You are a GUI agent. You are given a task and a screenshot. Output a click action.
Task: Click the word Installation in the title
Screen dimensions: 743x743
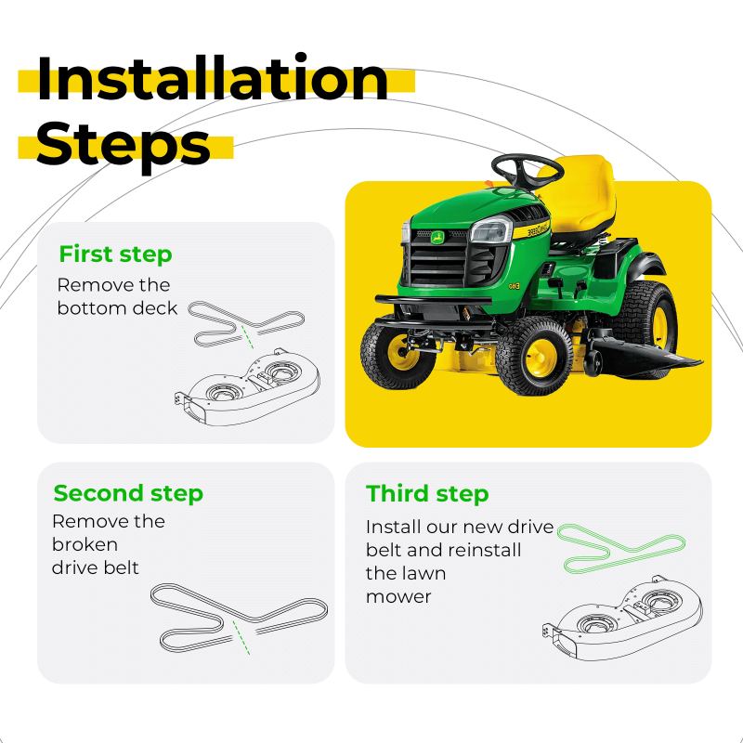[x=213, y=78]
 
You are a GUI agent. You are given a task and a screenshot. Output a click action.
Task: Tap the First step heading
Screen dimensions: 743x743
[x=115, y=254]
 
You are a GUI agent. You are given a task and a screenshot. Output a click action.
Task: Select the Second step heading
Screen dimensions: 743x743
[x=128, y=493]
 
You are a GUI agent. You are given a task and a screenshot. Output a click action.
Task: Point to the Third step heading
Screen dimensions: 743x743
[x=427, y=494]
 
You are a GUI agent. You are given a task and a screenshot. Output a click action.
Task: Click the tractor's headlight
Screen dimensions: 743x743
[x=490, y=230]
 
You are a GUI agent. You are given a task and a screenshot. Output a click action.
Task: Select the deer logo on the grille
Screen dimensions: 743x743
[x=437, y=238]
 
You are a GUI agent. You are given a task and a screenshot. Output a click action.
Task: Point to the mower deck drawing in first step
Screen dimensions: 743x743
[x=247, y=386]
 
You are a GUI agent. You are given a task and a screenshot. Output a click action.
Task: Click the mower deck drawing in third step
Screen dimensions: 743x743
[x=622, y=618]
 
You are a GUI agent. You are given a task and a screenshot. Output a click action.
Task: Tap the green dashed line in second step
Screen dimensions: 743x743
[x=241, y=637]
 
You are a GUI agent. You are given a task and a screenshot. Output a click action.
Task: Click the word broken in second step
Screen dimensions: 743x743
[x=85, y=544]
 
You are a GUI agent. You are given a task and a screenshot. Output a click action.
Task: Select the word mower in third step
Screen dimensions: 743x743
[x=398, y=597]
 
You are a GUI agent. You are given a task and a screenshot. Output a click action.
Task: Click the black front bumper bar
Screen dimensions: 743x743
[x=433, y=300]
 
